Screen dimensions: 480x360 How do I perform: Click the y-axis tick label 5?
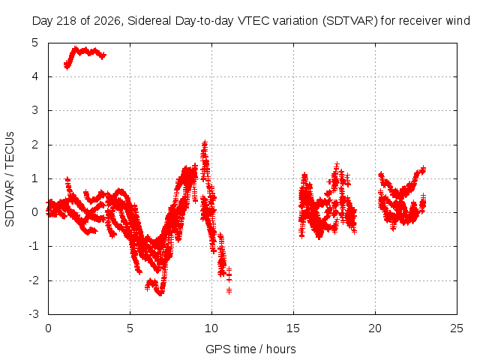35,43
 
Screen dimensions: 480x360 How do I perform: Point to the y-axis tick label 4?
35,76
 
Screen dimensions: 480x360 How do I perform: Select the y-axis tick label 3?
35,110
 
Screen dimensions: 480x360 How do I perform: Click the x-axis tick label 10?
211,328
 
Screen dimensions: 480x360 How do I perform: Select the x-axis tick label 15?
293,328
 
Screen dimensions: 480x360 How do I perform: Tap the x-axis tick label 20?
375,328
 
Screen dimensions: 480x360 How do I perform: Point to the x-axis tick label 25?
457,328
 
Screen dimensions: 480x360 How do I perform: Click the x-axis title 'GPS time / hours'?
250,349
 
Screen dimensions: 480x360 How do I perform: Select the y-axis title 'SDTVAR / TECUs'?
10,179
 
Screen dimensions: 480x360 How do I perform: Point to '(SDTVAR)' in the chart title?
350,21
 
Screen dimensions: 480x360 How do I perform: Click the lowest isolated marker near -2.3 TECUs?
229,290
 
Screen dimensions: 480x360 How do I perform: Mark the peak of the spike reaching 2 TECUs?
205,142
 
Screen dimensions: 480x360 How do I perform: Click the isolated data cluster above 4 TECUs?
84,55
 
